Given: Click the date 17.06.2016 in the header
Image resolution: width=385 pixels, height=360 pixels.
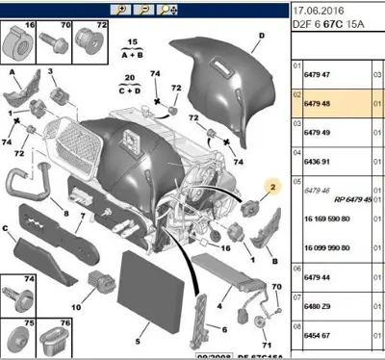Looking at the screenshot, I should (318, 9).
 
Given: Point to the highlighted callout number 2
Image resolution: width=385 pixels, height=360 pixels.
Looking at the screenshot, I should (271, 186).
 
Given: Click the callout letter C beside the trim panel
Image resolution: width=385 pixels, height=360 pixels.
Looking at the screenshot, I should (7, 229).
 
